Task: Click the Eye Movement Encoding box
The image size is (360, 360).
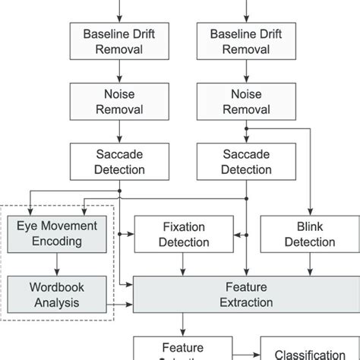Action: tap(57, 233)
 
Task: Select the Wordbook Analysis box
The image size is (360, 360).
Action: tap(57, 295)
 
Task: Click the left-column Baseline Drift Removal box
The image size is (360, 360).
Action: tap(120, 41)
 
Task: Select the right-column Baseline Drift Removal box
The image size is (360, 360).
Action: tap(245, 41)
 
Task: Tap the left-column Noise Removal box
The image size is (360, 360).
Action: tap(120, 101)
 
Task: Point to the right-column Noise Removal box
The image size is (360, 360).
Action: tap(245, 101)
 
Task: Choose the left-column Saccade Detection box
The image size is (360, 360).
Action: tap(120, 160)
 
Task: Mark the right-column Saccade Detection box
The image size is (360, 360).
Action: tap(245, 160)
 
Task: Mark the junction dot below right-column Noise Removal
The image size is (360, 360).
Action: tap(245, 130)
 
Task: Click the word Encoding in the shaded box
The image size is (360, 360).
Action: tap(58, 242)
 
